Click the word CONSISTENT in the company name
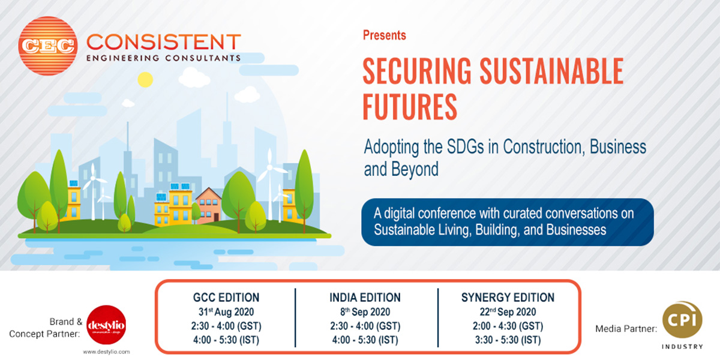pyautogui.click(x=164, y=42)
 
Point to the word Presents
pyautogui.click(x=384, y=35)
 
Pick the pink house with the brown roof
pyautogui.click(x=209, y=205)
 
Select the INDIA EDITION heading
pyautogui.click(x=365, y=297)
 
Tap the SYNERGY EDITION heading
pyautogui.click(x=508, y=297)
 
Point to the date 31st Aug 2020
pyautogui.click(x=227, y=312)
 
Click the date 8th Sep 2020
pyautogui.click(x=365, y=312)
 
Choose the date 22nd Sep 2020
pyautogui.click(x=508, y=312)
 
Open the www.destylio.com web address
pyautogui.click(x=106, y=352)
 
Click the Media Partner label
pyautogui.click(x=626, y=329)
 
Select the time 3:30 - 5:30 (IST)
pyautogui.click(x=508, y=340)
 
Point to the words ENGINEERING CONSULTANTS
pyautogui.click(x=164, y=58)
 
